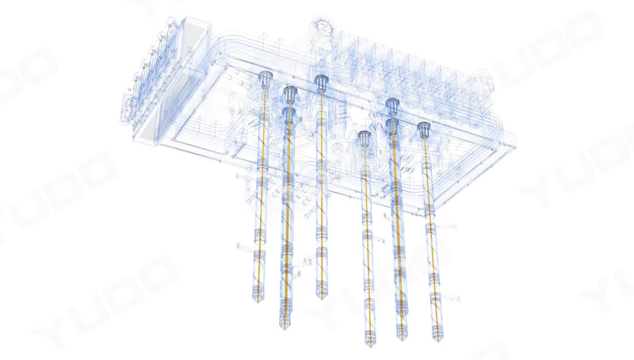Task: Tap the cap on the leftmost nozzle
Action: point(265,78)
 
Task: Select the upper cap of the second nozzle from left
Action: point(290,94)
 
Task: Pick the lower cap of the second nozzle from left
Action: point(288,114)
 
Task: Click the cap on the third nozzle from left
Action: point(321,82)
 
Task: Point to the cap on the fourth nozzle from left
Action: point(365,138)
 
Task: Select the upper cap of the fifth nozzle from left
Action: point(392,106)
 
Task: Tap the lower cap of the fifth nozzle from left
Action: point(392,126)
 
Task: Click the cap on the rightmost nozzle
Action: point(424,130)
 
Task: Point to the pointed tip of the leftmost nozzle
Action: point(258,302)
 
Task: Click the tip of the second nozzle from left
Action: point(285,328)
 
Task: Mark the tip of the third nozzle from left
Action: point(322,298)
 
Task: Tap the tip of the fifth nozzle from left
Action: point(403,339)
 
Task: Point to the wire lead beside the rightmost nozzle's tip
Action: point(452,298)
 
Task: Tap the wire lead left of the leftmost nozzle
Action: point(245,246)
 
